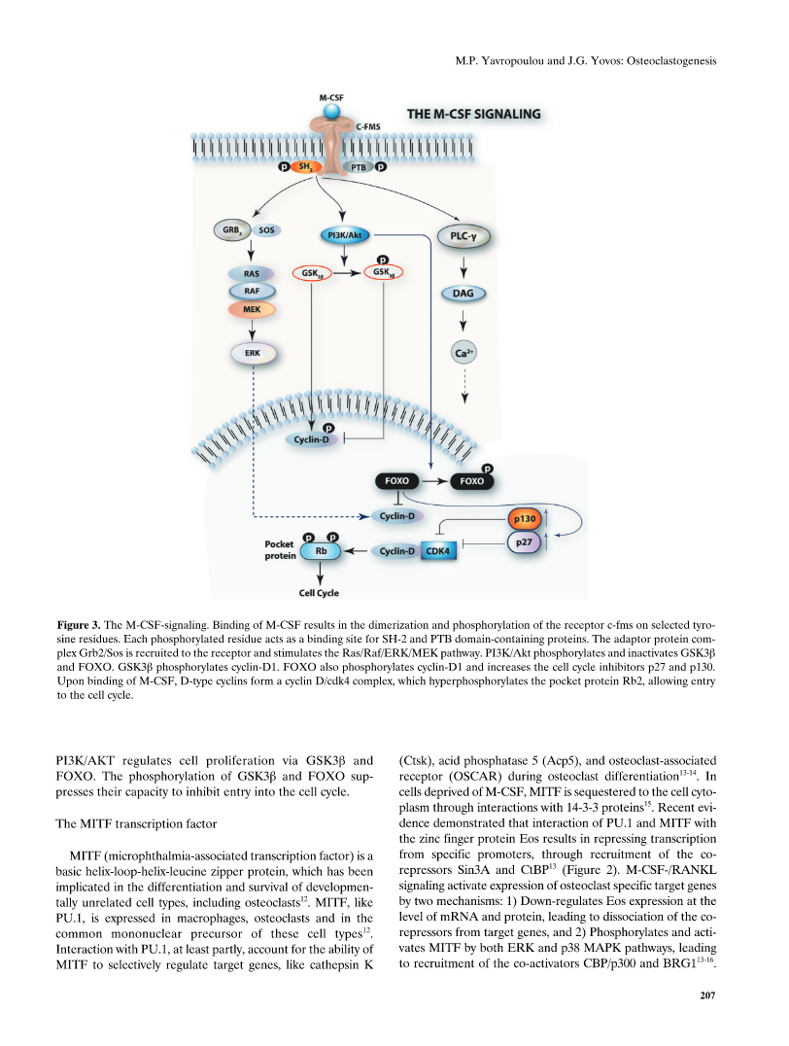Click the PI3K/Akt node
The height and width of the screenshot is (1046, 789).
click(x=344, y=235)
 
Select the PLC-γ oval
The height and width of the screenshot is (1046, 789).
click(x=463, y=236)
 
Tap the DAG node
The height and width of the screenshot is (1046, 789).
click(x=463, y=294)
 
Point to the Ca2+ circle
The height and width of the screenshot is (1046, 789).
click(x=464, y=353)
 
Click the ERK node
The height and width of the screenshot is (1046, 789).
click(x=253, y=353)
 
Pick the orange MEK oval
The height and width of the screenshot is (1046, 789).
click(x=252, y=309)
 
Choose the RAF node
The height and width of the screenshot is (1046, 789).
click(x=252, y=292)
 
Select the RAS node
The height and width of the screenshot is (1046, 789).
click(x=252, y=273)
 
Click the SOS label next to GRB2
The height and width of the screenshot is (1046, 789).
click(x=267, y=230)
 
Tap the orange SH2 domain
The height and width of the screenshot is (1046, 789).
click(x=305, y=167)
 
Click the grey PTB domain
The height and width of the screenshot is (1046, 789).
click(x=359, y=167)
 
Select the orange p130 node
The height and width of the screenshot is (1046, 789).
click(x=525, y=519)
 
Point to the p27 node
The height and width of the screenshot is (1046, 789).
click(x=525, y=542)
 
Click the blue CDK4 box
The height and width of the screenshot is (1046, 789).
click(x=438, y=551)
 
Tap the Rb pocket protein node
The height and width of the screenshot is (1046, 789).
click(x=321, y=551)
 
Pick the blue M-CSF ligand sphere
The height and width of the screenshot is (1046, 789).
click(x=331, y=111)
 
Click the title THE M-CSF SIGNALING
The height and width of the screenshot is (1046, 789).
click(x=474, y=114)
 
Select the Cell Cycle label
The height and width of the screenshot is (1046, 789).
click(x=319, y=593)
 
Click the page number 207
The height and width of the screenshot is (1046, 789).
click(x=707, y=995)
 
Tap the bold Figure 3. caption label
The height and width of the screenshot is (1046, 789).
click(x=79, y=625)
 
